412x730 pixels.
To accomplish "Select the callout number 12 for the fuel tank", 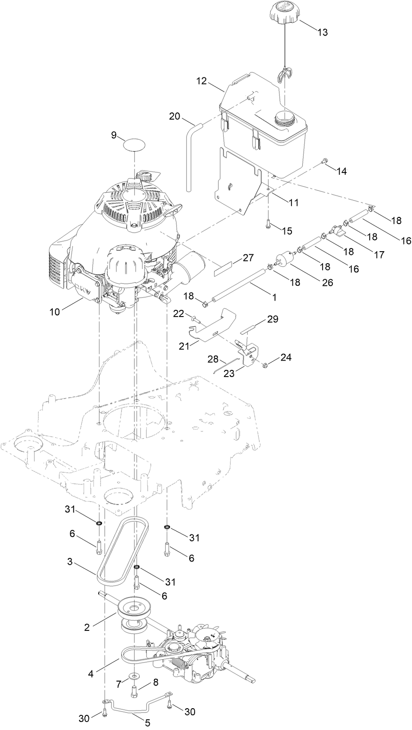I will [202, 81].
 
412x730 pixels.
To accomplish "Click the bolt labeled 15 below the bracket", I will [268, 225].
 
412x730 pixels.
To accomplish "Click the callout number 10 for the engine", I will [54, 312].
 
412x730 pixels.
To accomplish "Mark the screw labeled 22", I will [196, 320].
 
